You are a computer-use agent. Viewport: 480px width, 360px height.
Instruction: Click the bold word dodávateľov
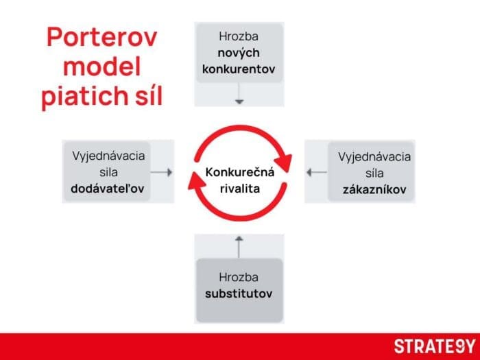[107, 189]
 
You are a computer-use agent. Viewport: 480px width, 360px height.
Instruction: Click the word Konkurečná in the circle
[239, 171]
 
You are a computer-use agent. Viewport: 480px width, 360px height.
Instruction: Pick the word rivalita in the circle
[239, 188]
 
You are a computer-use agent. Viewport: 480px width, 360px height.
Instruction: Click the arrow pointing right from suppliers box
[162, 172]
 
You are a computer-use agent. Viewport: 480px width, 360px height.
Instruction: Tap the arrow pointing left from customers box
[317, 172]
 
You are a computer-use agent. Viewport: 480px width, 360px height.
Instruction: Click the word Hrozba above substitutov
[239, 278]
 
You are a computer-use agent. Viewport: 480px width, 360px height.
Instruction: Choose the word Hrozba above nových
[239, 36]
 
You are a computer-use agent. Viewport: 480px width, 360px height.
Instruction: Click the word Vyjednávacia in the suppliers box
[108, 155]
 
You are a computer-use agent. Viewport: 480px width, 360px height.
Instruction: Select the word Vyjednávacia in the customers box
[374, 155]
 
